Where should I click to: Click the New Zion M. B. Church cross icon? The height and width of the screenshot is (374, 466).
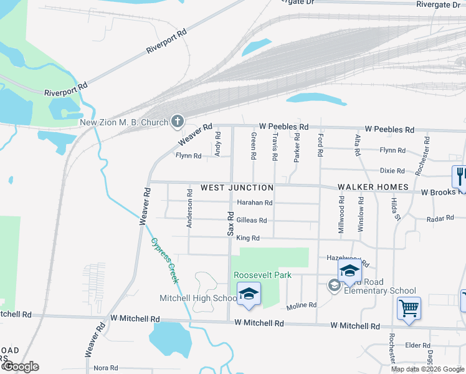(178, 122)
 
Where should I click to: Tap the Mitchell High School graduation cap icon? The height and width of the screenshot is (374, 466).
(249, 295)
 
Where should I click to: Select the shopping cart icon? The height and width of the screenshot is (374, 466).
(409, 308)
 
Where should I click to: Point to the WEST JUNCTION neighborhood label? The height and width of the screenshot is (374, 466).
(237, 188)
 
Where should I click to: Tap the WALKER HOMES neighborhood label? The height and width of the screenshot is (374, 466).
(373, 187)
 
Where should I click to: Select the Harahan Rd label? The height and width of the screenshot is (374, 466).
(255, 203)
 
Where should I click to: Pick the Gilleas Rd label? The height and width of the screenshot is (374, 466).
(252, 220)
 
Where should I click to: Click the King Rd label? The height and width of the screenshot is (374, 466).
(247, 238)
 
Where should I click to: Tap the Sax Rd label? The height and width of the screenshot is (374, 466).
(230, 224)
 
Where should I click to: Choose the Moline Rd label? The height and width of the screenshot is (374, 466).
(302, 306)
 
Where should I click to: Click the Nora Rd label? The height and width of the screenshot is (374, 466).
(105, 368)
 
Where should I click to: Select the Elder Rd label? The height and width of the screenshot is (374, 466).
(417, 345)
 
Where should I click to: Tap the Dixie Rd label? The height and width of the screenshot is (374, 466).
(392, 171)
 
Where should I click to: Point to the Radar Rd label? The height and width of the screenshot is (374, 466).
(439, 219)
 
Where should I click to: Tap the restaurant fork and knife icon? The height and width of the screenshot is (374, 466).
(460, 176)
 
